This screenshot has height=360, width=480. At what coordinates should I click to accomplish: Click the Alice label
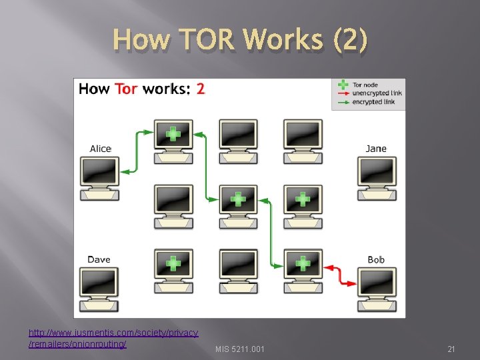pos(101,149)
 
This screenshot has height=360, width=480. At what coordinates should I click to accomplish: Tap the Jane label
pos(376,149)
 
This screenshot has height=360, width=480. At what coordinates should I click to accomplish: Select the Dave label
pos(99,259)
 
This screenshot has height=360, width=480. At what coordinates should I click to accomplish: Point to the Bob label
pos(376,259)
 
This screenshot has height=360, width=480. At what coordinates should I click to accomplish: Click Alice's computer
pos(100,177)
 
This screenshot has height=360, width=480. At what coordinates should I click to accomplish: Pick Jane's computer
pos(377,177)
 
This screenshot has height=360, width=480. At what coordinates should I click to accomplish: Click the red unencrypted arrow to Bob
pos(340,275)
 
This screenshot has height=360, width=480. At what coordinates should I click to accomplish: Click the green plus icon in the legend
pos(343,85)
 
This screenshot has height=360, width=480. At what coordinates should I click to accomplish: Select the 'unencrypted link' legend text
pos(377,93)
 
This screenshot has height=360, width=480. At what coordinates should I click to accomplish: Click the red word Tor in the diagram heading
pos(127,89)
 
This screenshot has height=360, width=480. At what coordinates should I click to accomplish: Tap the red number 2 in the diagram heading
pos(201,89)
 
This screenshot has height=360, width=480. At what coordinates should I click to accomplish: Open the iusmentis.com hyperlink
pos(113,338)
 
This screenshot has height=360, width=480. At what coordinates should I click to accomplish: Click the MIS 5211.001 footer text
pos(240,349)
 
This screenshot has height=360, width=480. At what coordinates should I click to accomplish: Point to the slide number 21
pos(451,349)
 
